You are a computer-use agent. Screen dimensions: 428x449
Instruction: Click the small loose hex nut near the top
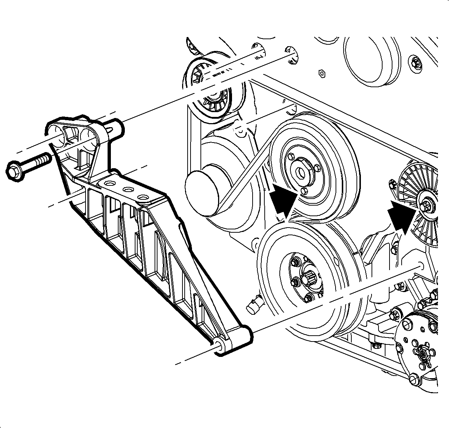click(x=322, y=73)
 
